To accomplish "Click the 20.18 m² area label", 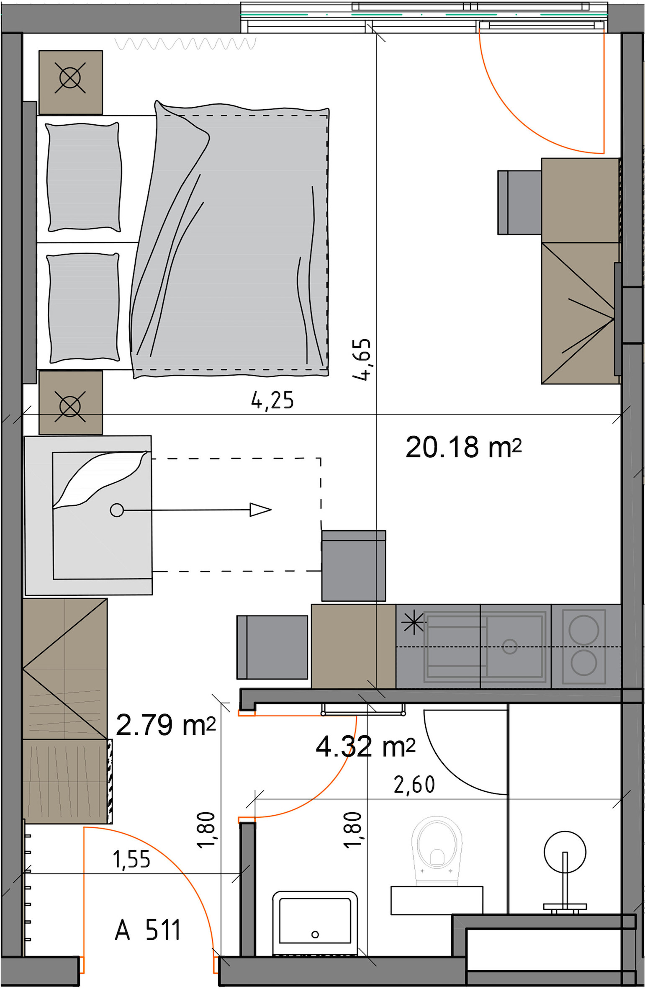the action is (463, 447).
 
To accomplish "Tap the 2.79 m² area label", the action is (165, 725).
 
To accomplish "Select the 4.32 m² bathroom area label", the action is (365, 747).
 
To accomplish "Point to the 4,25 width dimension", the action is (272, 400).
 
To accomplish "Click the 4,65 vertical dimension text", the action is (361, 360).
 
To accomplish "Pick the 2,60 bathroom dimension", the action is (414, 785).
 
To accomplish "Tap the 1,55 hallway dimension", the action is (131, 860).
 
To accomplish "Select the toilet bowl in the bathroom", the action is (437, 850).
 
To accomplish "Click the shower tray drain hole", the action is (315, 934).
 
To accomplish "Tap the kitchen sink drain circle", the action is (509, 646).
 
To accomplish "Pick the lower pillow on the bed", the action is (84, 308).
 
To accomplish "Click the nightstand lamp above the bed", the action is (70, 78).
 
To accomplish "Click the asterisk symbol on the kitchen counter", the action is (413, 625).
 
